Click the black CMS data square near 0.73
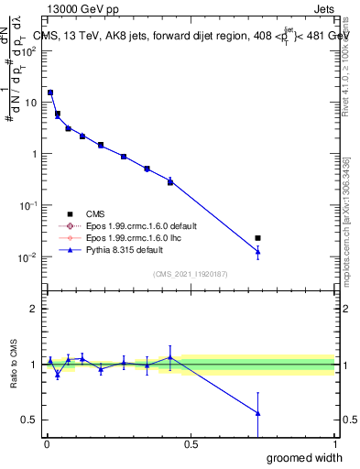257,238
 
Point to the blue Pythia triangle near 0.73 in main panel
257,251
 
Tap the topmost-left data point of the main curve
50,93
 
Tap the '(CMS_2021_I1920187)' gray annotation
191,273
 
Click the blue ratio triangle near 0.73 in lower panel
257,413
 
